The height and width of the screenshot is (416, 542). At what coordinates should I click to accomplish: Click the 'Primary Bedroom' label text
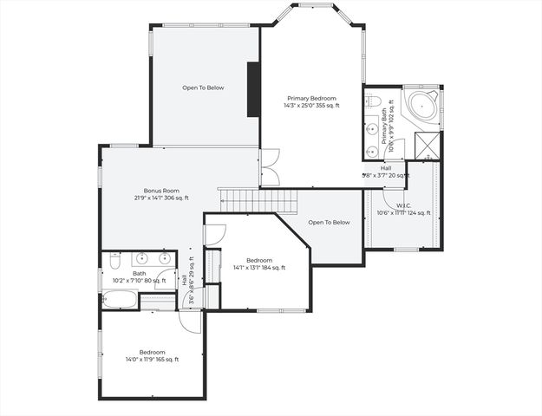(311, 98)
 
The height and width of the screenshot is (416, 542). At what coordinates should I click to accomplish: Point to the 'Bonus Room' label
(161, 190)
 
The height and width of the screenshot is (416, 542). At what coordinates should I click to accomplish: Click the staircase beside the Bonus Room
(258, 201)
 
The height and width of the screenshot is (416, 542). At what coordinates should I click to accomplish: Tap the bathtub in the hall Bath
(120, 301)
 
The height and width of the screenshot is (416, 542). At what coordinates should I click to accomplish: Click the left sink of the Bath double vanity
(143, 258)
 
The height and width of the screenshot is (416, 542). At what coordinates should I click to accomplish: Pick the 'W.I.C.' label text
(403, 205)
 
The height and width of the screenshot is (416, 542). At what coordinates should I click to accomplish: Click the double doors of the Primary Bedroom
(270, 167)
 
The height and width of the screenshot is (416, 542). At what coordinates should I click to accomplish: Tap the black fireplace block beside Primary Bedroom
(253, 89)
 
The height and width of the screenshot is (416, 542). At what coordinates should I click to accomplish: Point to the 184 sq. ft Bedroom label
(259, 260)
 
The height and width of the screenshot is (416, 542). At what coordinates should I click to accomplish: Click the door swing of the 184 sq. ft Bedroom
(215, 233)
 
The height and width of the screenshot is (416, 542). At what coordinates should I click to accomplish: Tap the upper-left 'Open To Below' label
(204, 88)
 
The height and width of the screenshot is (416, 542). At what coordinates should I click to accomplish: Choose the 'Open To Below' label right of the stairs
(330, 222)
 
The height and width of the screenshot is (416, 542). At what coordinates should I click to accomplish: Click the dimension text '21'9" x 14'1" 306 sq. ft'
(161, 198)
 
